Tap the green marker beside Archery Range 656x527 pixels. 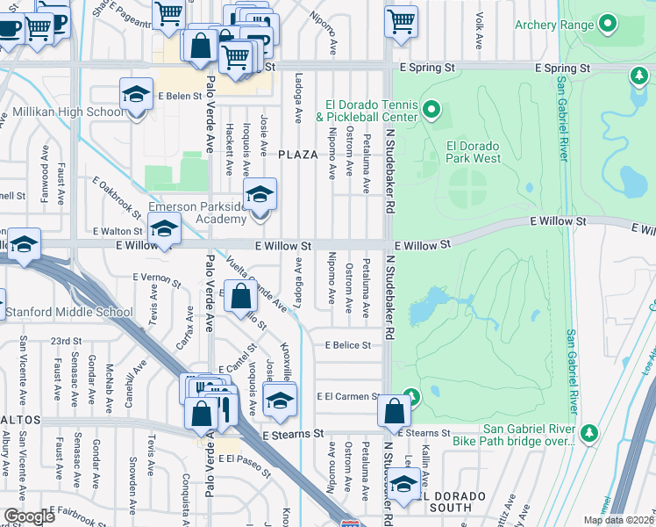pos(607,25)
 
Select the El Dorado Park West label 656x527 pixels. pos(474,152)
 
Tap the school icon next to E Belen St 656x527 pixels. pos(137,95)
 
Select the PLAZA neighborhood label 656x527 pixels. pos(297,155)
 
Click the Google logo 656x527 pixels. pos(29,516)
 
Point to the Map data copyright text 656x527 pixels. pos(619,520)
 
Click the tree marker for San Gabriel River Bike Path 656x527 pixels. pos(590,433)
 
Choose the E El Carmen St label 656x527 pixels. pos(348,397)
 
